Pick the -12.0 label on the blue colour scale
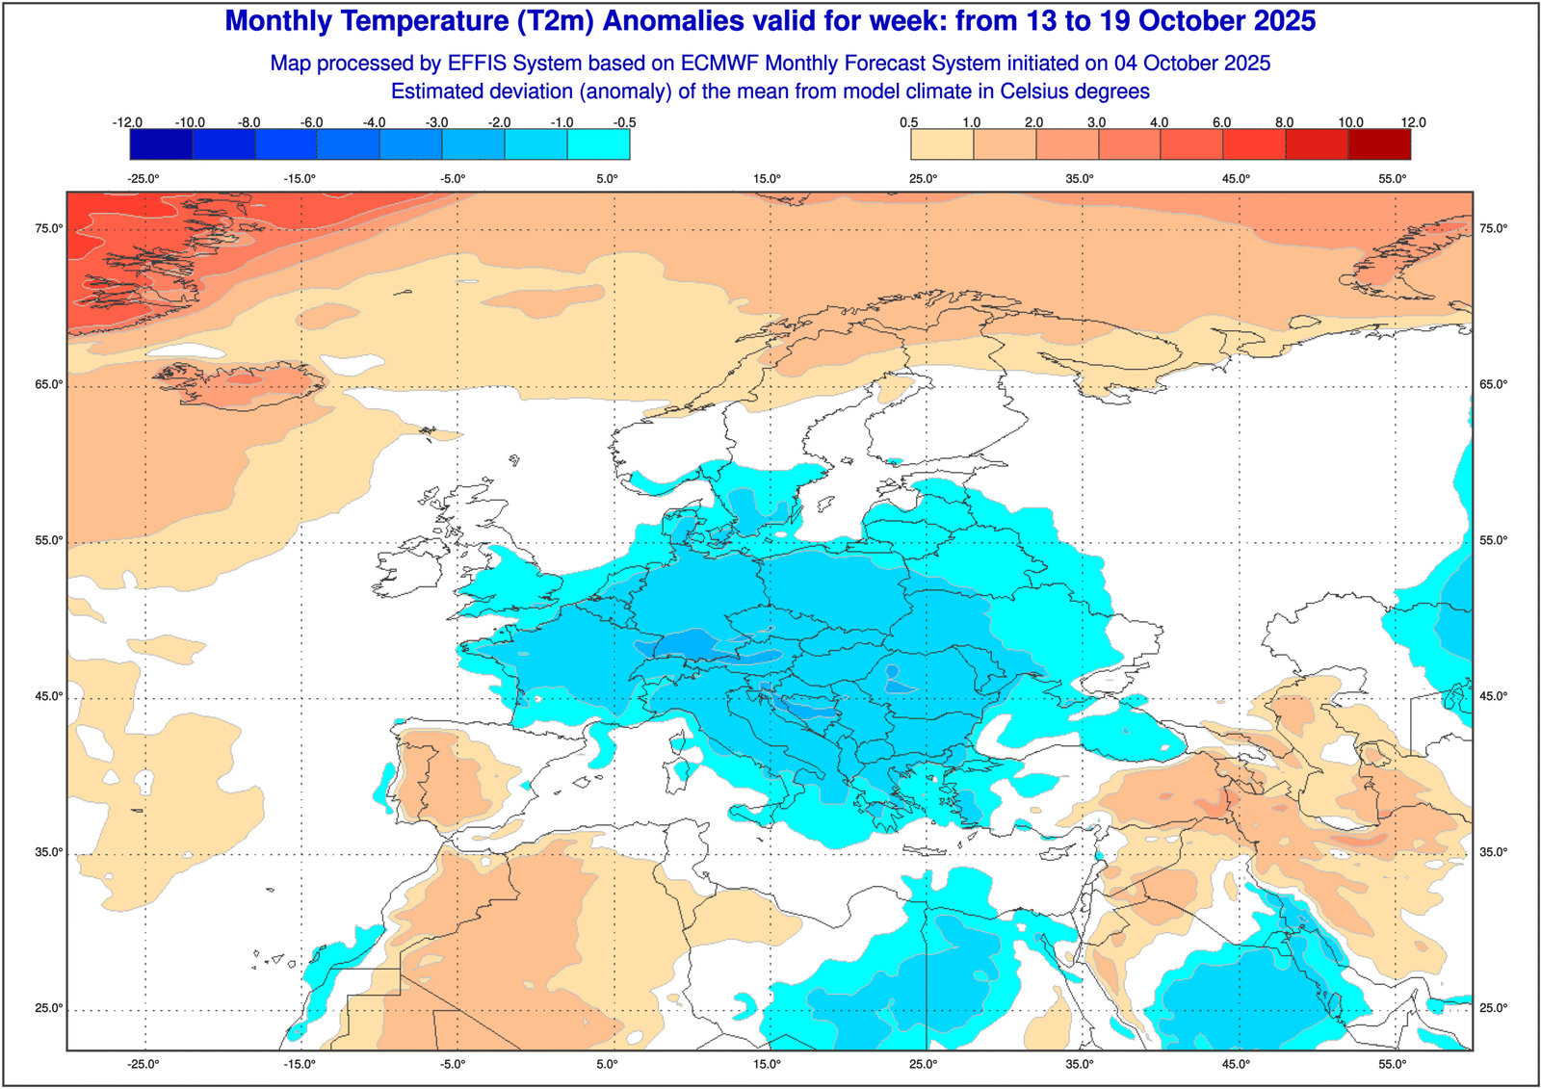127,122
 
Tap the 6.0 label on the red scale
1221,122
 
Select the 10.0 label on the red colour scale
1350,122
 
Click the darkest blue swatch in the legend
161,144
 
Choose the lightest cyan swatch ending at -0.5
598,144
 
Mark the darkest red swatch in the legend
1379,144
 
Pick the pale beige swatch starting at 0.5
942,144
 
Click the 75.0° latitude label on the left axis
49,228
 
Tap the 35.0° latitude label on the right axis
1493,852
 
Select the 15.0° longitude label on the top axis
767,179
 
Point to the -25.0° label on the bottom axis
144,1064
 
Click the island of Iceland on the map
246,383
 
